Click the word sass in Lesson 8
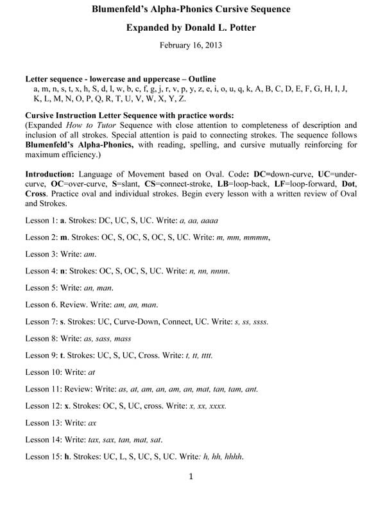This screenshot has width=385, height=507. pos(103,338)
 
